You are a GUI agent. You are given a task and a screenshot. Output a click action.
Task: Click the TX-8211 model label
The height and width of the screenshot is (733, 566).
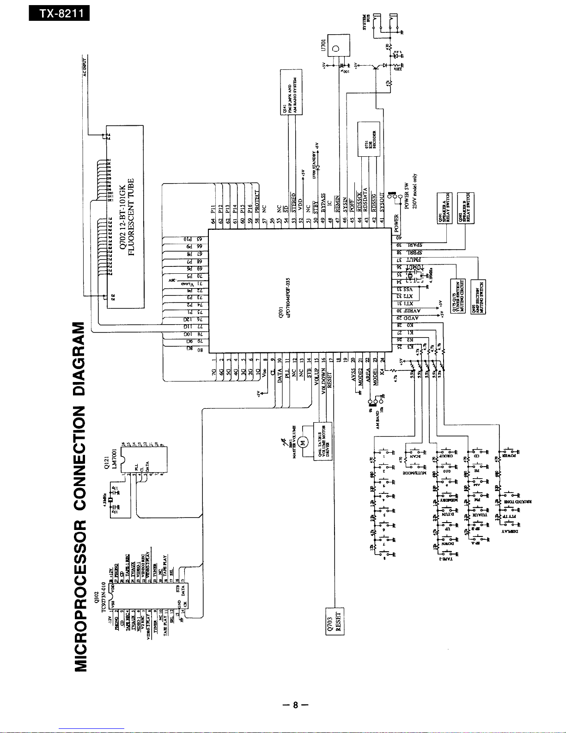[59, 13]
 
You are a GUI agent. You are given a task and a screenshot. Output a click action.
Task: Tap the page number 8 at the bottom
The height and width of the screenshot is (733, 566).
[294, 705]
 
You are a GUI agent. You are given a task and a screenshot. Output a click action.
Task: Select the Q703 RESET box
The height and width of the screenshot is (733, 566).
[335, 621]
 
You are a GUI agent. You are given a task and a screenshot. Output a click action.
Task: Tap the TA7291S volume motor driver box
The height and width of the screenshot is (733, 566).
[323, 441]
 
